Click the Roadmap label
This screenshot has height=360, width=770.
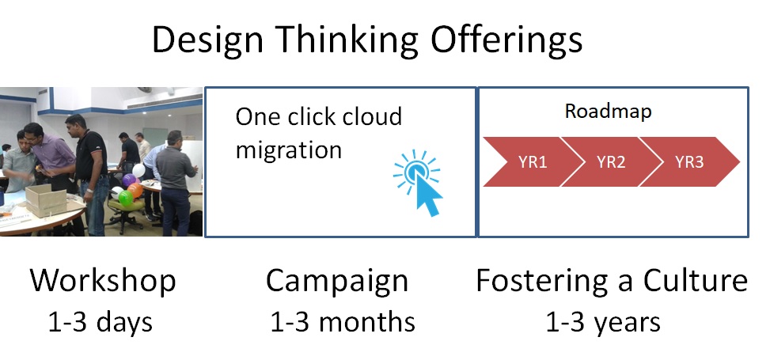[x=608, y=112]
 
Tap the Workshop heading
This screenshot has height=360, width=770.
[x=103, y=281]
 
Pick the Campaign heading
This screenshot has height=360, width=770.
[x=337, y=281]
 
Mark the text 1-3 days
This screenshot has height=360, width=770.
[x=101, y=322]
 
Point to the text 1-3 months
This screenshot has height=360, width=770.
[x=343, y=322]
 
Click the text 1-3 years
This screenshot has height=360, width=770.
[x=603, y=322]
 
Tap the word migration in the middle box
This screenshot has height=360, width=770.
[x=289, y=150]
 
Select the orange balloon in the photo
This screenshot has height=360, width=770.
[x=135, y=191]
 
